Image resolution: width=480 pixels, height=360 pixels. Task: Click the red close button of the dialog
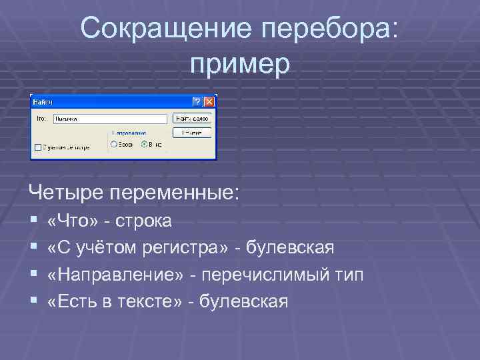[209, 102]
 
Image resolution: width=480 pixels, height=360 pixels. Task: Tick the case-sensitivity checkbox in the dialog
[37, 147]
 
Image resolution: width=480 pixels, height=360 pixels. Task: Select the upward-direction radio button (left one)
[113, 143]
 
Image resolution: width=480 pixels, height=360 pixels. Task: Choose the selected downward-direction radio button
[143, 143]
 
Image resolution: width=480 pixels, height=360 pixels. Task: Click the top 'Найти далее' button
[191, 118]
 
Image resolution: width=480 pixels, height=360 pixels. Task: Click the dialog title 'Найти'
[43, 102]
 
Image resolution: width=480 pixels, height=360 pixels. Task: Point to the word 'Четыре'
[59, 193]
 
